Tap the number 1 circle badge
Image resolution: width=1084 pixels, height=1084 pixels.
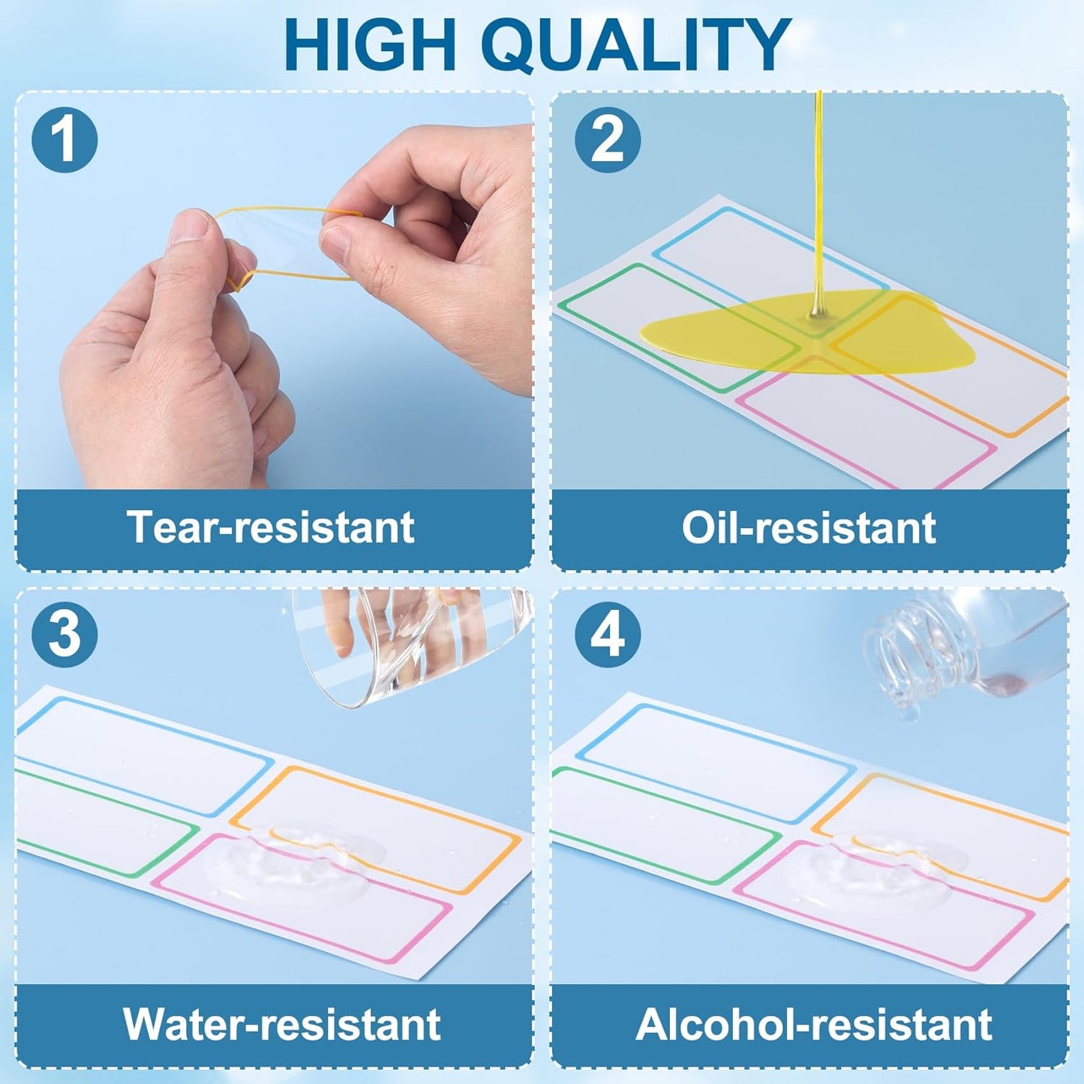(65, 140)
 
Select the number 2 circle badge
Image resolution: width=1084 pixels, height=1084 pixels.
(607, 140)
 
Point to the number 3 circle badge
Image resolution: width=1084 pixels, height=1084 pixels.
(65, 635)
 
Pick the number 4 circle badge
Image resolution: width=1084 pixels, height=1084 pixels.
(607, 635)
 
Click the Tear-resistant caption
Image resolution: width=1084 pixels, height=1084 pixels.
(271, 527)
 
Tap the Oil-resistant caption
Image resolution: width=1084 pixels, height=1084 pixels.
(809, 527)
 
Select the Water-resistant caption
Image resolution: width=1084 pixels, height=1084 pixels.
(281, 1023)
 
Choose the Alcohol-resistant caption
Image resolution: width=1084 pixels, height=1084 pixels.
(814, 1023)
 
